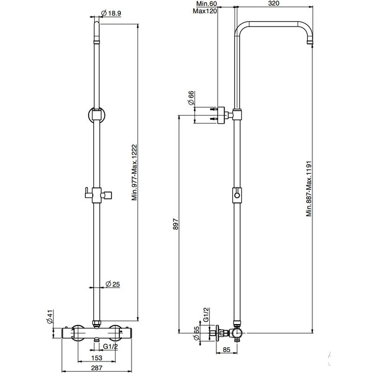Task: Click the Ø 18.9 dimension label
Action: click(x=111, y=14)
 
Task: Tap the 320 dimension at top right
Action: click(x=274, y=3)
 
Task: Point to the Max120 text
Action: click(x=205, y=11)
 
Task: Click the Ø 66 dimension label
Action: click(x=191, y=98)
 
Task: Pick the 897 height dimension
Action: click(x=176, y=224)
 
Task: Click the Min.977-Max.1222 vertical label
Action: click(x=134, y=173)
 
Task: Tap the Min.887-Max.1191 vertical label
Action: click(x=309, y=189)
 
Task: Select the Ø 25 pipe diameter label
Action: click(x=112, y=284)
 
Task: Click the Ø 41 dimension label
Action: click(x=50, y=317)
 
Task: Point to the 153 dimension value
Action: click(x=97, y=358)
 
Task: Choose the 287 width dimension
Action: click(x=97, y=368)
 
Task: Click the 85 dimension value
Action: click(x=227, y=349)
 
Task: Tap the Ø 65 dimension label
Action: click(x=196, y=333)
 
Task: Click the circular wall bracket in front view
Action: click(x=97, y=115)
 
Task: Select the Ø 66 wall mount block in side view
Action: click(x=221, y=115)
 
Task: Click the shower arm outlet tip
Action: click(x=310, y=43)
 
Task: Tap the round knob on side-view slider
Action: click(x=237, y=195)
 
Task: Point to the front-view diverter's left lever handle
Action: click(x=88, y=193)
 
